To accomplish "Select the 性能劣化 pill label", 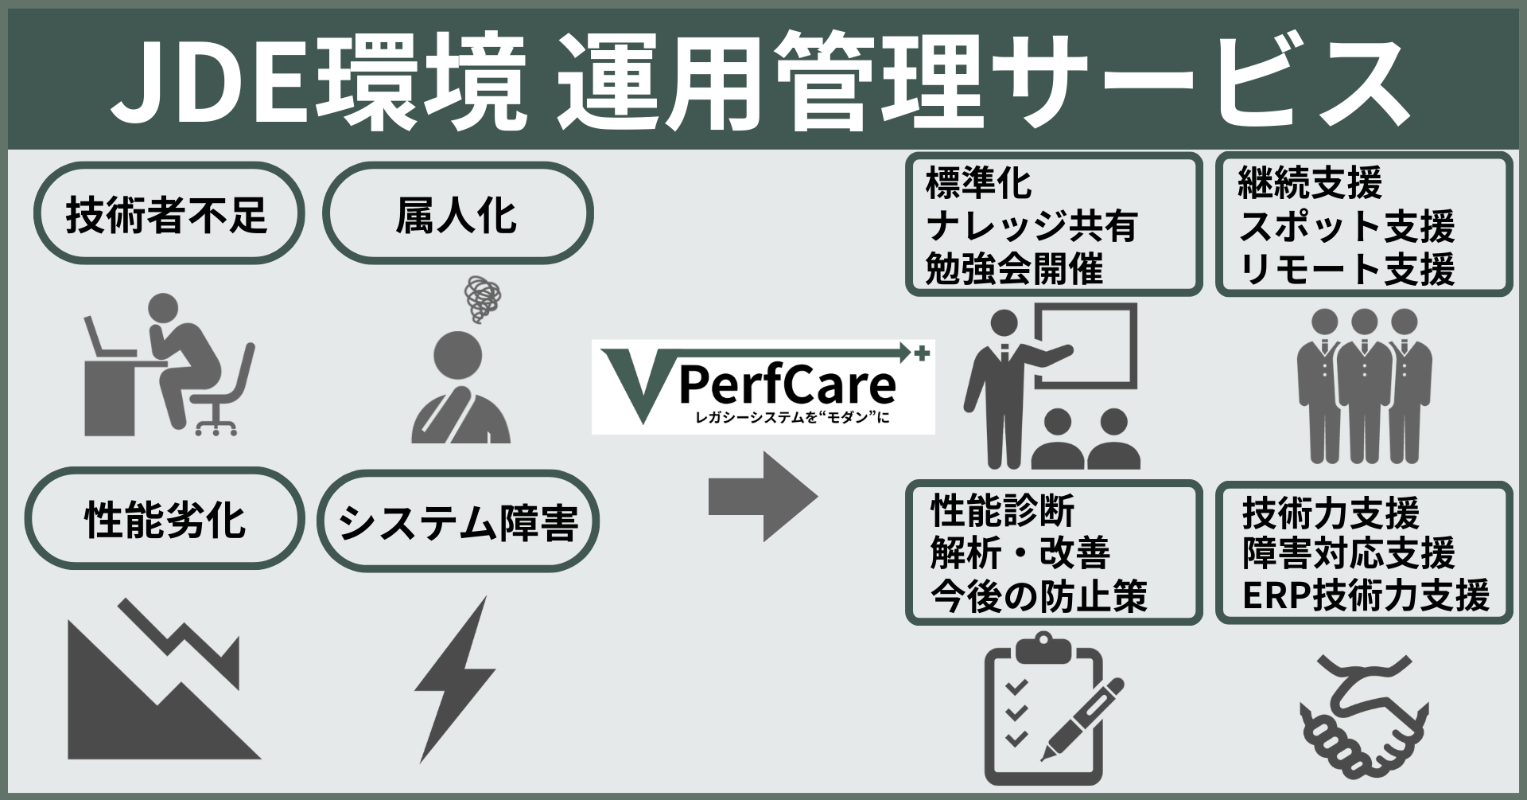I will point(165,520).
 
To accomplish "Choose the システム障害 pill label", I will point(457,522).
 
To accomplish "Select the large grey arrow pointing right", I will point(763,497).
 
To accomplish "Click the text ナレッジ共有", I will point(1032,227).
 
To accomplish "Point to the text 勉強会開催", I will point(1014,269).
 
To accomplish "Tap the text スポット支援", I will point(1346,227).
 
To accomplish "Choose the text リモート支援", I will point(1346,269).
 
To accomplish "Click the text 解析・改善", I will point(1020,553).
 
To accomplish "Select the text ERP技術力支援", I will point(1365,596).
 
